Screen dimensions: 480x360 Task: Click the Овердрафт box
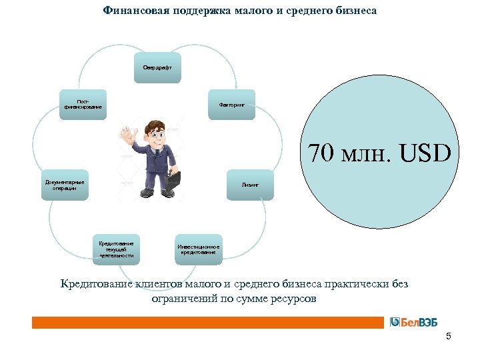tap(157, 67)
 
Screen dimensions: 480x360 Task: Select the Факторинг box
tap(231, 105)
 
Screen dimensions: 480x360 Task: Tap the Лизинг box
tap(250, 184)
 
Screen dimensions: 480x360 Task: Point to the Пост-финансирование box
tap(83, 105)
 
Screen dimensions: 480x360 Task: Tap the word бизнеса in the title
tap(351, 11)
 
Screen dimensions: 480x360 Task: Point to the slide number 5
tap(449, 336)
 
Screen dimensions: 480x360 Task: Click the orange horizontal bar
tap(207, 322)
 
